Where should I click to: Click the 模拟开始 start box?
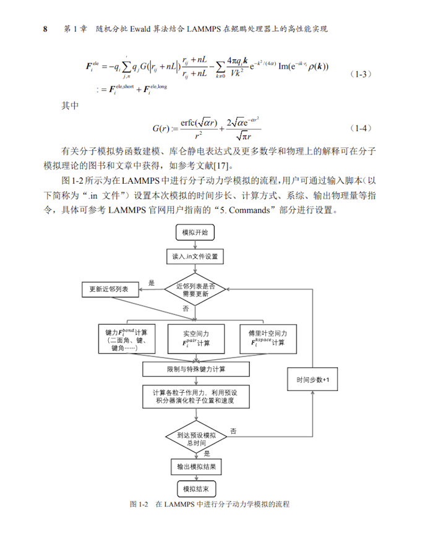click(195, 233)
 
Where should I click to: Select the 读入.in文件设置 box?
click(195, 256)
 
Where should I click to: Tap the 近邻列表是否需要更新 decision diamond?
click(195, 289)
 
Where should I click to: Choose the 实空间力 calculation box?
click(196, 338)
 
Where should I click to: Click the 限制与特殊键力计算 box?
click(195, 369)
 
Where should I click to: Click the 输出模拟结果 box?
click(195, 466)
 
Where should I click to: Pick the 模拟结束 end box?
click(195, 489)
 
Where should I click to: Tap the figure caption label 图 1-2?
click(139, 504)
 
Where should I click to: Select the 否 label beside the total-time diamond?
click(233, 430)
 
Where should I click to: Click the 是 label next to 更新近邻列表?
click(152, 283)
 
